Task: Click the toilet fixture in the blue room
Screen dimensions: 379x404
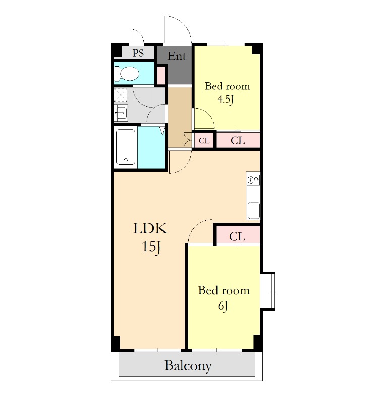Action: coord(127,73)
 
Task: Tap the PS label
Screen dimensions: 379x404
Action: coord(138,53)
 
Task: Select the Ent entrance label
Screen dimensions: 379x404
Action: coord(177,56)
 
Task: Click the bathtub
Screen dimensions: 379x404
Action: coord(126,147)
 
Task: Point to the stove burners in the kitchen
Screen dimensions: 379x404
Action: coord(253,180)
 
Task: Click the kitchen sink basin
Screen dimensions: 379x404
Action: coord(254,210)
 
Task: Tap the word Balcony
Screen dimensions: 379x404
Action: coord(188,365)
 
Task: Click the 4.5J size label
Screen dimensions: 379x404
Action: coord(225,99)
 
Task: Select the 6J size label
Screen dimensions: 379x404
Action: coord(223,306)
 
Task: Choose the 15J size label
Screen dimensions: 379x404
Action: coord(151,247)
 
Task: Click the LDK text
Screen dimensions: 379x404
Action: coord(150,228)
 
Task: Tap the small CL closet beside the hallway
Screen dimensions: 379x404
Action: coord(204,141)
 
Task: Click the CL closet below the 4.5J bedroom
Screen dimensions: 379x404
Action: coord(238,140)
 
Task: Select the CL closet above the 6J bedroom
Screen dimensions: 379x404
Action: coord(237,235)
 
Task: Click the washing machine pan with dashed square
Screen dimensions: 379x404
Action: coord(121,95)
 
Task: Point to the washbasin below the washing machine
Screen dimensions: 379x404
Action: coord(121,113)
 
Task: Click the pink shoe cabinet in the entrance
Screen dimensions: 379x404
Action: coord(161,75)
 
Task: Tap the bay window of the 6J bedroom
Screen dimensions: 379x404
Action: coord(268,291)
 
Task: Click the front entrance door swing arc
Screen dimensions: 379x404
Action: coord(183,23)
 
